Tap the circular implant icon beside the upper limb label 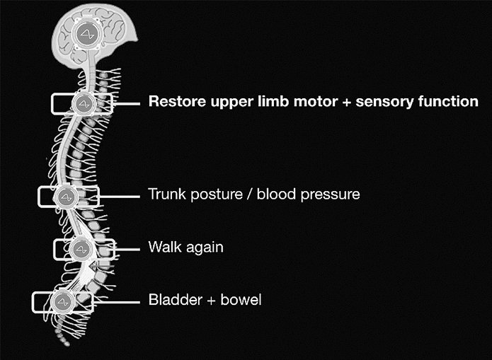click(84, 103)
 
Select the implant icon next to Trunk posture click(67, 194)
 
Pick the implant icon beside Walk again click(80, 248)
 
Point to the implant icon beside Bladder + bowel click(62, 301)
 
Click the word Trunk click(165, 194)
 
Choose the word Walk click(163, 248)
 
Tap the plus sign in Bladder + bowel click(204, 301)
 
